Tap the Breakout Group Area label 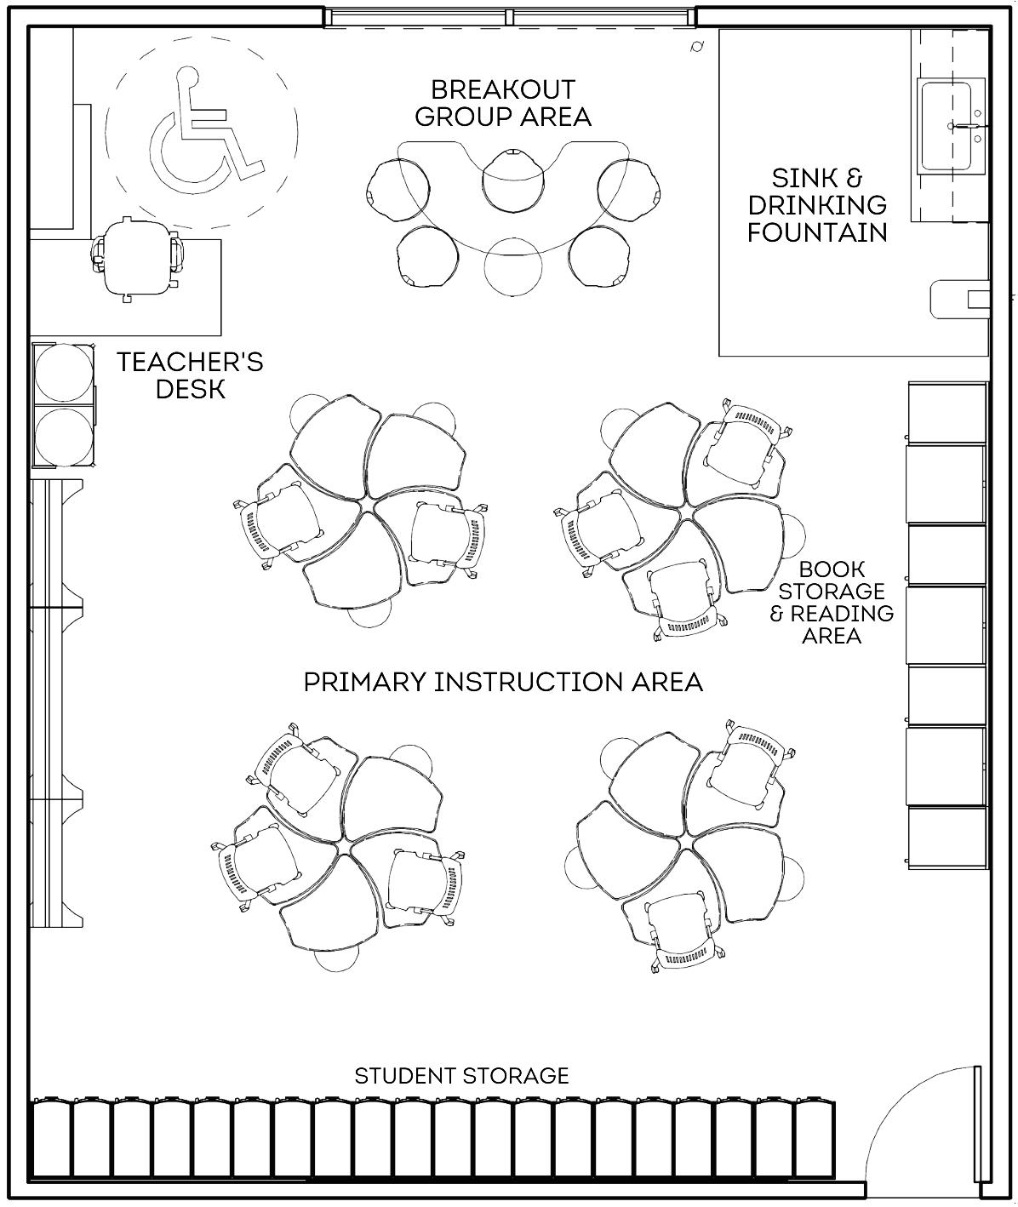[502, 103]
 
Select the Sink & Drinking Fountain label [817, 205]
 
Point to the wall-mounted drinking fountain [960, 299]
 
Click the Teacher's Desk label [190, 375]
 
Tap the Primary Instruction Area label [503, 682]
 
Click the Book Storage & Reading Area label [832, 602]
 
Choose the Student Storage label [461, 1076]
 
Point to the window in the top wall [509, 17]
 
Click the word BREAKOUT [502, 89]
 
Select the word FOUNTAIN [817, 232]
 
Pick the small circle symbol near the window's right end [697, 47]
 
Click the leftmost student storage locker [52, 1139]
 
